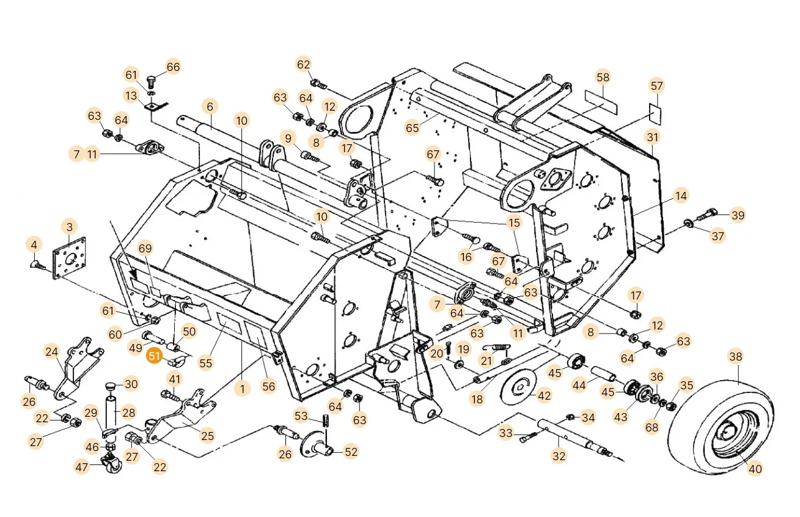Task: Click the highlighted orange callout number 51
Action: coord(154,356)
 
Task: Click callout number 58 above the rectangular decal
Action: coord(603,78)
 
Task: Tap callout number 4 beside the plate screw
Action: coord(34,245)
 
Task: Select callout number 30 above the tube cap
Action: coord(131,384)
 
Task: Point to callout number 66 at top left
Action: coord(174,67)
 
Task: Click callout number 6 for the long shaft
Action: coord(210,106)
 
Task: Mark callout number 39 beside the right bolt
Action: coord(738,215)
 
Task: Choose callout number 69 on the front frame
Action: coord(145,248)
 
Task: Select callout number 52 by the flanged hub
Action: coord(351,452)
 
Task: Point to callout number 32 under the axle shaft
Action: coord(559,456)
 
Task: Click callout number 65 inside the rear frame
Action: coord(413,128)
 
